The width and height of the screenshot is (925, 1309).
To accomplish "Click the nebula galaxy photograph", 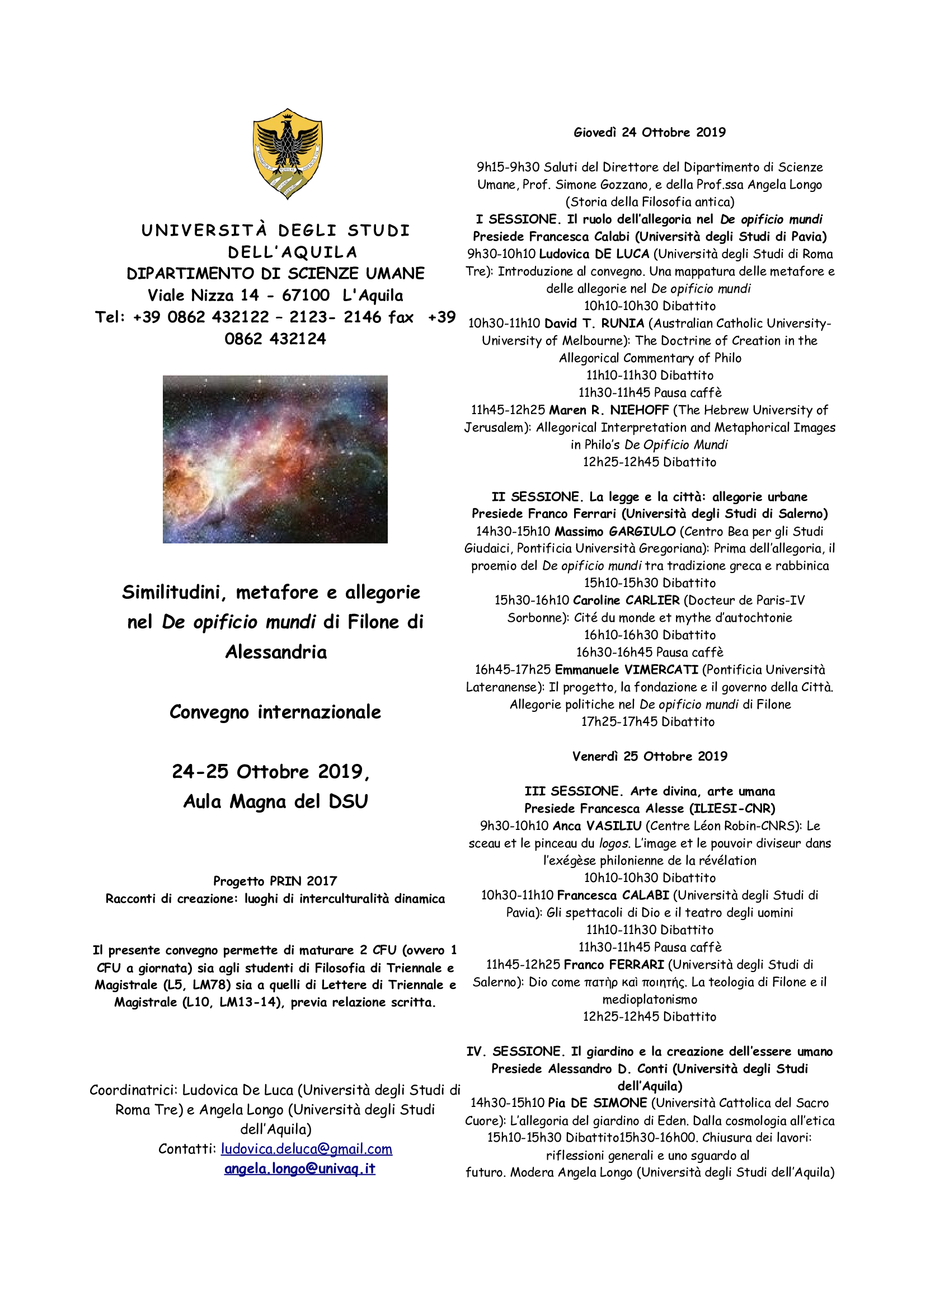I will coord(275,458).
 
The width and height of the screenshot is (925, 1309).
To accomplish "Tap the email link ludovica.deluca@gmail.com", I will coord(306,1149).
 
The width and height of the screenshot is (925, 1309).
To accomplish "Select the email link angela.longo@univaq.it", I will coord(299,1168).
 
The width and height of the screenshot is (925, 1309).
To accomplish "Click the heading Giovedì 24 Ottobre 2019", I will coord(649,132).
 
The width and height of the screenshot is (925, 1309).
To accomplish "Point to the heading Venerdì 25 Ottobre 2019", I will coord(650,756).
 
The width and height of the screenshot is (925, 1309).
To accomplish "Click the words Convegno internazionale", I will coord(275,712).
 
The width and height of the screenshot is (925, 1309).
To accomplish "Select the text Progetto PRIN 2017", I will coord(275,881).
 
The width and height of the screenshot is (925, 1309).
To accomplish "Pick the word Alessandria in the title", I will coord(276,651).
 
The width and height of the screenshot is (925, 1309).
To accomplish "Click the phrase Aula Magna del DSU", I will coord(275,801).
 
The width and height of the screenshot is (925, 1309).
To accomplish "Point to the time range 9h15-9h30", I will coord(508,167).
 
